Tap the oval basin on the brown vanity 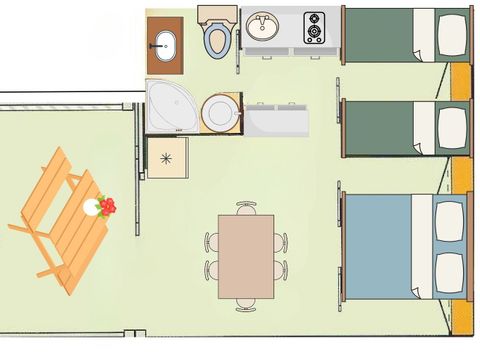(164, 44)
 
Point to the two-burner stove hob (314, 27)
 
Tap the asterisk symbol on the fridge (166, 158)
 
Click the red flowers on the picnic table (106, 206)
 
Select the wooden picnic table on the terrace (65, 220)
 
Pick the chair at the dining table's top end (246, 207)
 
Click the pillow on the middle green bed (453, 127)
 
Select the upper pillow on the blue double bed (449, 217)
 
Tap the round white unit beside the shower (219, 112)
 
